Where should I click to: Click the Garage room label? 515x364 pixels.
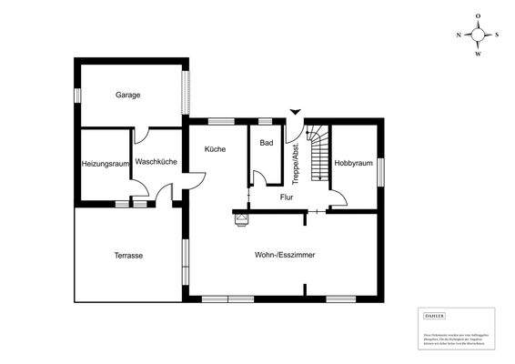coord(127,95)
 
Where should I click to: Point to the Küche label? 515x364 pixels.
coord(215,148)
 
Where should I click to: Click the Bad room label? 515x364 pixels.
coord(267,143)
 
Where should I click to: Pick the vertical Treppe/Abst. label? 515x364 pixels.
coord(296,162)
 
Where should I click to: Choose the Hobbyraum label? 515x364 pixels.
coord(354,164)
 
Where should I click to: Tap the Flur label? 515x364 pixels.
coord(287,196)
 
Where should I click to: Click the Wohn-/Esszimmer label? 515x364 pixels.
coord(285,256)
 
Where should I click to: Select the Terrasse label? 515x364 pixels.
coord(128,256)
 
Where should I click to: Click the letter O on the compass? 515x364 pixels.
coord(479,16)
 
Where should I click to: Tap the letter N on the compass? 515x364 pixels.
coord(459,35)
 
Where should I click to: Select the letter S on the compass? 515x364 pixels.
coord(498,35)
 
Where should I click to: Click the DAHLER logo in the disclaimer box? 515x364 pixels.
coord(435,315)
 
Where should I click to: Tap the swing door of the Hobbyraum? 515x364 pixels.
coord(338,201)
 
